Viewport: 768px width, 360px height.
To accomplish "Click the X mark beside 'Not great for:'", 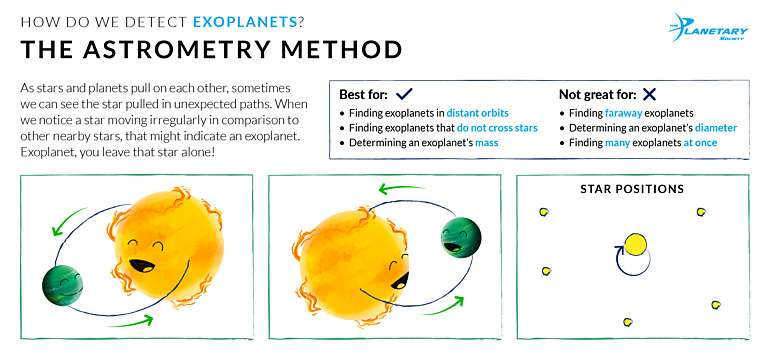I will tap(649, 94).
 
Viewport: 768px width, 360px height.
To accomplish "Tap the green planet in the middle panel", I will tap(461, 237).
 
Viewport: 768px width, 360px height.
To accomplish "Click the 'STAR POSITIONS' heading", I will tap(632, 189).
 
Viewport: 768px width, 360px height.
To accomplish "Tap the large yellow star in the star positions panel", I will tap(633, 243).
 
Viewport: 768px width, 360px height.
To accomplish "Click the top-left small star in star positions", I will tap(545, 212).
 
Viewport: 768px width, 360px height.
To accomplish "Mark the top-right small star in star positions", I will tap(701, 212).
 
